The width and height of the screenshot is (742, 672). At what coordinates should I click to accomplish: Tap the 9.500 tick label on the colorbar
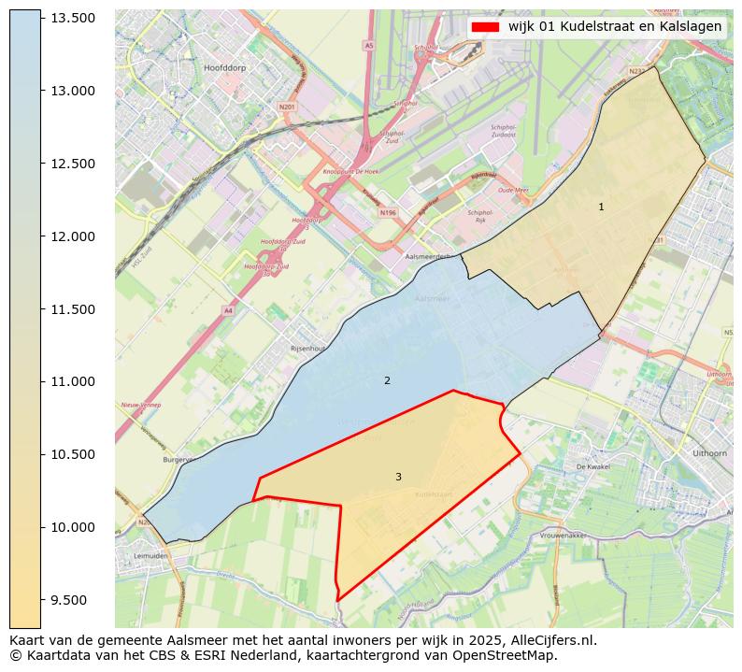[x=72, y=600]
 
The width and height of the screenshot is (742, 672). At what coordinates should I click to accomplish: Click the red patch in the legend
[x=486, y=27]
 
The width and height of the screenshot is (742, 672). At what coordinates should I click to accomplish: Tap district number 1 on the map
[x=601, y=207]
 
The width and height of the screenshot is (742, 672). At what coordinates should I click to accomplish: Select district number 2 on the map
[x=387, y=381]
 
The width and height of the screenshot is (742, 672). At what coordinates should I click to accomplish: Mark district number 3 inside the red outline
[x=398, y=478]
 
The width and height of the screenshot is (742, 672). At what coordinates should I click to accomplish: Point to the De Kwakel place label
[x=592, y=465]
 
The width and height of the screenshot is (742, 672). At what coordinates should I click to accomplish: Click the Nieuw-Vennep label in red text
[x=140, y=406]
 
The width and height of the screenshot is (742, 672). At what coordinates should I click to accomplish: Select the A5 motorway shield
[x=368, y=45]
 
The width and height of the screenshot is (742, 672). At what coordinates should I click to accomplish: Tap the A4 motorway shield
[x=228, y=310]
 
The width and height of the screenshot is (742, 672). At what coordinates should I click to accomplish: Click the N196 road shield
[x=388, y=213]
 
